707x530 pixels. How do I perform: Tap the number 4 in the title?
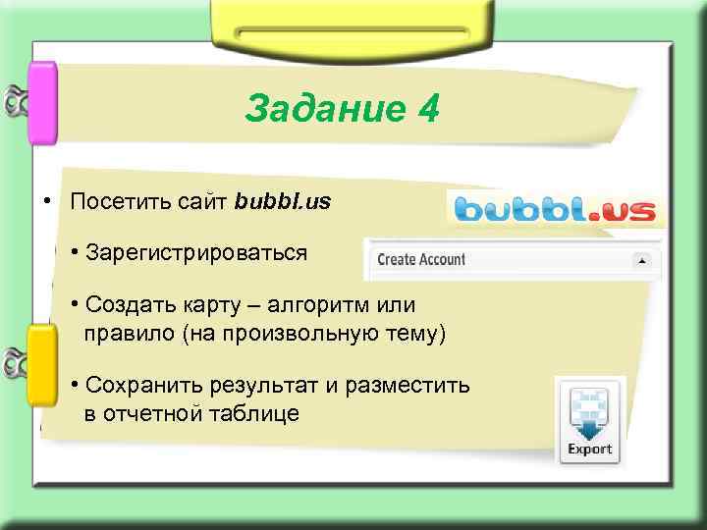pos(428,109)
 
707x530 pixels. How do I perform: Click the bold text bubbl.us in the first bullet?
pos(283,202)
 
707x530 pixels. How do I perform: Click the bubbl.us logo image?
pos(556,209)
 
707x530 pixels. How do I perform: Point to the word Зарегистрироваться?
pos(196,253)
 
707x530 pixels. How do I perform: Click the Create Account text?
pos(421,260)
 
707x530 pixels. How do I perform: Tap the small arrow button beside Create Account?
pos(642,260)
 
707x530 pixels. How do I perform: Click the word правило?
pos(128,334)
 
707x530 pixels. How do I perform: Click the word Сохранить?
pos(138,386)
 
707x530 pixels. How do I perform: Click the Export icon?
pos(589,421)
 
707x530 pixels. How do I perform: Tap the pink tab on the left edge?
pos(42,103)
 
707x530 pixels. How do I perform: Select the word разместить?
pos(413,386)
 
